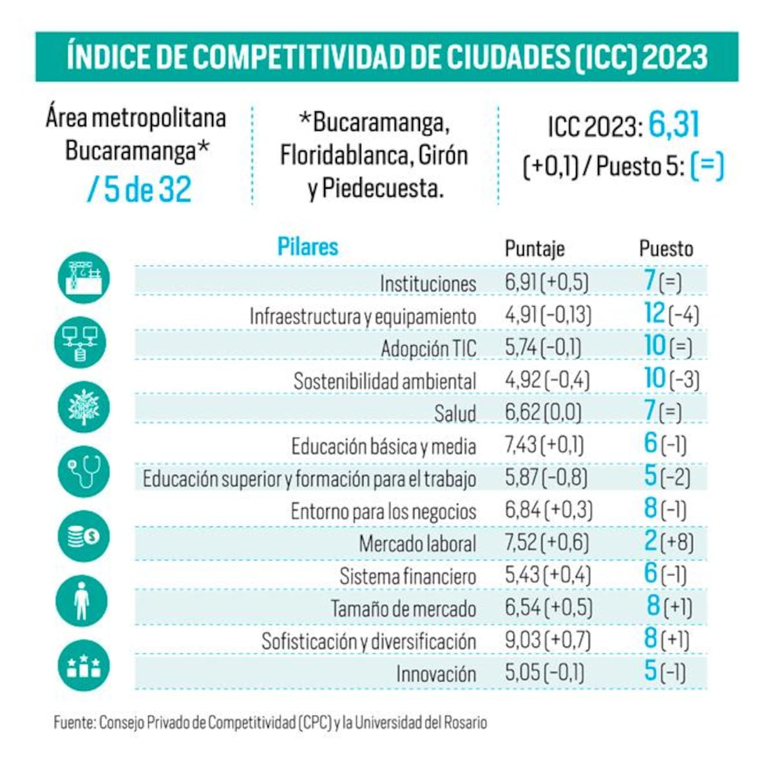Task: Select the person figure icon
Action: pos(82,601)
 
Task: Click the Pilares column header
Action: pos(307,247)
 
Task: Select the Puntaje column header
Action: pos(535,249)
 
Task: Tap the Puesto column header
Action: pos(666,249)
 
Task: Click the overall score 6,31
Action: pos(674,124)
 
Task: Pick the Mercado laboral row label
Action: pos(417,544)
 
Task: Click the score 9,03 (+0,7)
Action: pos(548,641)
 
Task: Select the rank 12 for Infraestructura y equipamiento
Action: pos(654,313)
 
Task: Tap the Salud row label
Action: pos(455,413)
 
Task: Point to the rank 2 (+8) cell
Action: pos(669,541)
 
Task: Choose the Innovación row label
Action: pos(436,674)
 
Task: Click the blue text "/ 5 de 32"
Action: pos(139,189)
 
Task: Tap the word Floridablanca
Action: pos(345,156)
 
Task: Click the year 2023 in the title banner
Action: pos(675,57)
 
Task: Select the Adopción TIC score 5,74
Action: pos(521,348)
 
